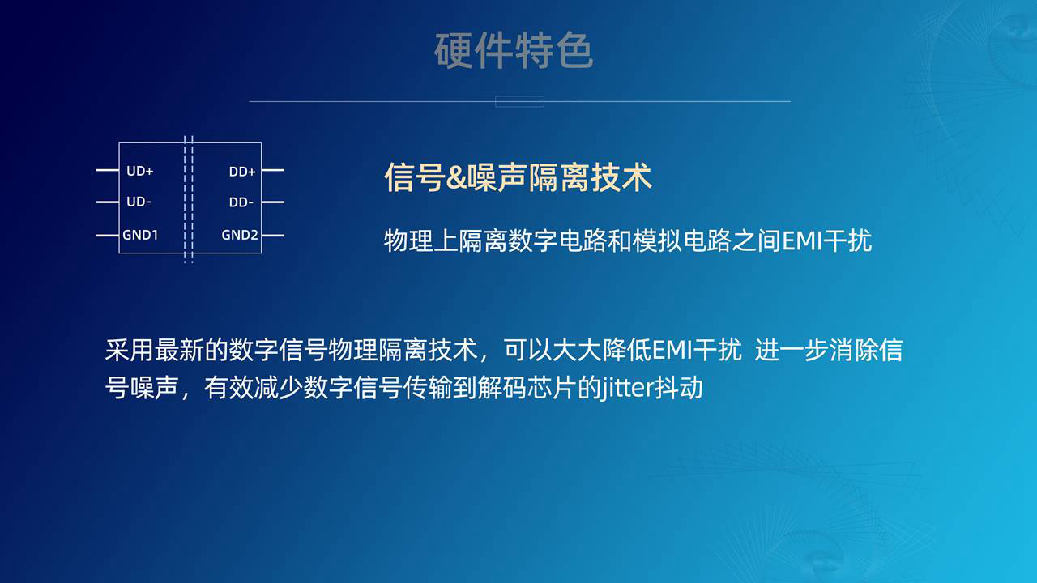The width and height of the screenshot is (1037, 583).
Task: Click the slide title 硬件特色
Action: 514,50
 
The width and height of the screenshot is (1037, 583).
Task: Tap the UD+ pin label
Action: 140,171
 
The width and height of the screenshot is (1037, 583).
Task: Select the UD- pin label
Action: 139,202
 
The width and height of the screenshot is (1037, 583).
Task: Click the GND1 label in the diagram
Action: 140,235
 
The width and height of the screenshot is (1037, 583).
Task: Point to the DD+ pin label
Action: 242,172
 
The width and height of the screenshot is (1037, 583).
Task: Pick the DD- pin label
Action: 241,202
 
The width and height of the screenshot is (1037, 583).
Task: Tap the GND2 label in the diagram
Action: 240,235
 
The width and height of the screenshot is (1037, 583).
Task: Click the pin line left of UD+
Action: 108,170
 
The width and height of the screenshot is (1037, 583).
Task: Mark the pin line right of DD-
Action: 273,202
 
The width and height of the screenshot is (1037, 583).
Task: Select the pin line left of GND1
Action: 108,236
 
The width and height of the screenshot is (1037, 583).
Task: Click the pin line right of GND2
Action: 273,236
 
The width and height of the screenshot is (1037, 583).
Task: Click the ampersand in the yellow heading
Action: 456,177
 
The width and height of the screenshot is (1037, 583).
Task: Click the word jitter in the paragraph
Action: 625,388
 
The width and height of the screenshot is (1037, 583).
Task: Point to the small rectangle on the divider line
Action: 519,101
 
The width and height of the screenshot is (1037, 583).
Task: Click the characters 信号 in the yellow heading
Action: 414,177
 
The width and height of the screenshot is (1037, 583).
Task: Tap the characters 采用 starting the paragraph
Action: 129,350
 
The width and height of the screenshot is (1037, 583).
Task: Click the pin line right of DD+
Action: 273,170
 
